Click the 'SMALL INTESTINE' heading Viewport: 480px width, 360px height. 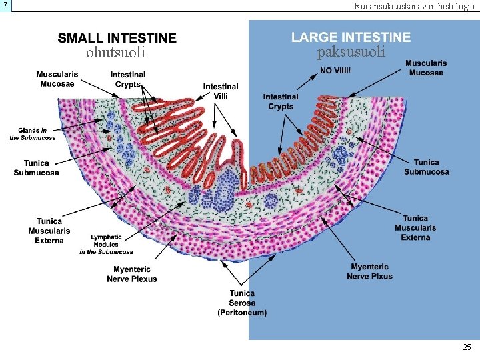117,39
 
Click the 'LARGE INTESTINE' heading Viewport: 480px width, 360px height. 351,38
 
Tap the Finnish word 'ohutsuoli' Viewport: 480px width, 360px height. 116,52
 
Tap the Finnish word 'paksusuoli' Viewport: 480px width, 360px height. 351,52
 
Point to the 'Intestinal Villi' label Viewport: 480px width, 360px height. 221,91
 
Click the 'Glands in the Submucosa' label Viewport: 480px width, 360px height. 33,134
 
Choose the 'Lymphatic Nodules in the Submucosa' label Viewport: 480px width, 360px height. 106,244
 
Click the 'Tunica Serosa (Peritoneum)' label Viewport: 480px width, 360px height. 242,303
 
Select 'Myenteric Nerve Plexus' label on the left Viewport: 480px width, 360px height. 132,274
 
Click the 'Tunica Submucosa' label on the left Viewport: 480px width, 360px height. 36,168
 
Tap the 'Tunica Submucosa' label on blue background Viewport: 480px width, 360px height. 426,167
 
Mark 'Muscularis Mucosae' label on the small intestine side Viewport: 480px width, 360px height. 57,78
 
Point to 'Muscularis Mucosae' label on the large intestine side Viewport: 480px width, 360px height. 426,68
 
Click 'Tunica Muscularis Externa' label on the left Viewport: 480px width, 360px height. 49,231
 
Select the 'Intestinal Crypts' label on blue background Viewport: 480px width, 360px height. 281,101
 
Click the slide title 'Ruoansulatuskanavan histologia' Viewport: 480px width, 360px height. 414,6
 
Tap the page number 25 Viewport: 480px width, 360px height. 467,347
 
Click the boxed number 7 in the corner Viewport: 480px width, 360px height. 5,5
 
